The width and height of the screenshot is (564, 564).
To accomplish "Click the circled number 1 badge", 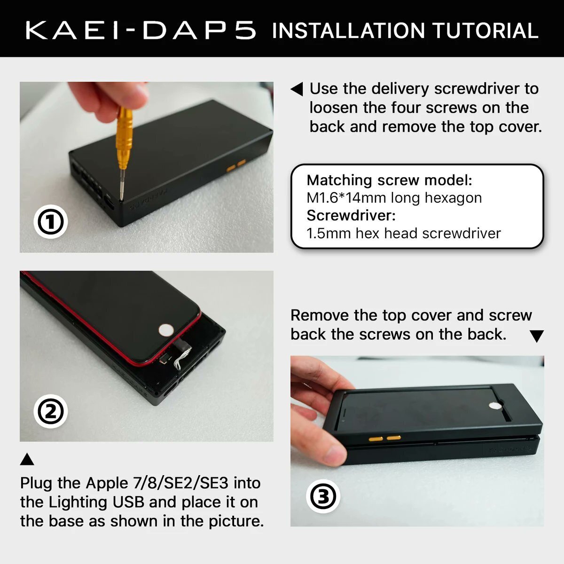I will click(x=51, y=222).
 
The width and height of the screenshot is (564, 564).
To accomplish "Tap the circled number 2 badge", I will click(x=51, y=412).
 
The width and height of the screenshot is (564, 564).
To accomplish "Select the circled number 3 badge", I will click(x=323, y=497).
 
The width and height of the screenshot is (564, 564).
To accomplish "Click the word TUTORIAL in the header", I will click(x=485, y=31).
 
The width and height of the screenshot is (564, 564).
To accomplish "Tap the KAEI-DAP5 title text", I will click(x=141, y=30).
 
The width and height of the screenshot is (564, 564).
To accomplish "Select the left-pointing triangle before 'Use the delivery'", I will click(x=297, y=89).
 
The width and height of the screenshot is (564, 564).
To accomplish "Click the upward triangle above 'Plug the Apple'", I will click(x=27, y=459).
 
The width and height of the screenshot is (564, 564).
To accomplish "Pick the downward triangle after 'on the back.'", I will click(x=536, y=336).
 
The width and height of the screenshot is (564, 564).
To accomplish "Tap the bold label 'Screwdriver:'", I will click(x=351, y=215).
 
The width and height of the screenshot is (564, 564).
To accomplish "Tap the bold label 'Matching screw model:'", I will click(x=389, y=180).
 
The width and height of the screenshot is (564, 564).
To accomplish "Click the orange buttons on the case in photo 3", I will click(x=384, y=438).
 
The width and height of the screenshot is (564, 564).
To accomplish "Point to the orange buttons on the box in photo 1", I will click(x=236, y=165).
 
